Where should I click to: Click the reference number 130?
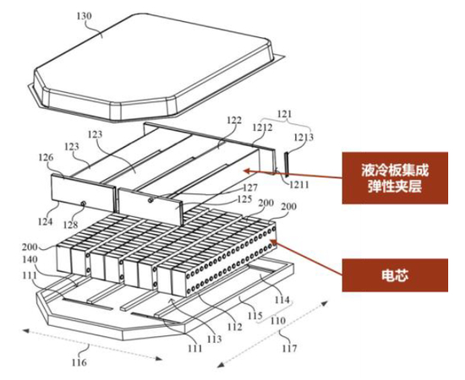(84, 16)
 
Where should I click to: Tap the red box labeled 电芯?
(395, 275)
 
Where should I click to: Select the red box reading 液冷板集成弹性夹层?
(395, 178)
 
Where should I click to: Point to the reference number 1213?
(304, 137)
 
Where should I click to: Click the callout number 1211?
(299, 185)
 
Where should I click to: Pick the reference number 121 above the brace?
(284, 114)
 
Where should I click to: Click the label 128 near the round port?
(70, 225)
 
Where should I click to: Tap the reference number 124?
(45, 221)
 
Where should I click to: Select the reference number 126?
(46, 158)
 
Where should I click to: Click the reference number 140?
(30, 260)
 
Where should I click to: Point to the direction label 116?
(79, 362)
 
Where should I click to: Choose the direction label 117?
(289, 348)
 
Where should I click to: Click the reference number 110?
(278, 320)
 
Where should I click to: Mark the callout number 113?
(214, 339)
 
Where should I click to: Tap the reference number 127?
(250, 187)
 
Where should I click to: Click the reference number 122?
(234, 120)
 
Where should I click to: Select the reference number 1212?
(262, 128)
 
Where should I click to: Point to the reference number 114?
(282, 300)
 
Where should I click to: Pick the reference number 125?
(244, 198)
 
